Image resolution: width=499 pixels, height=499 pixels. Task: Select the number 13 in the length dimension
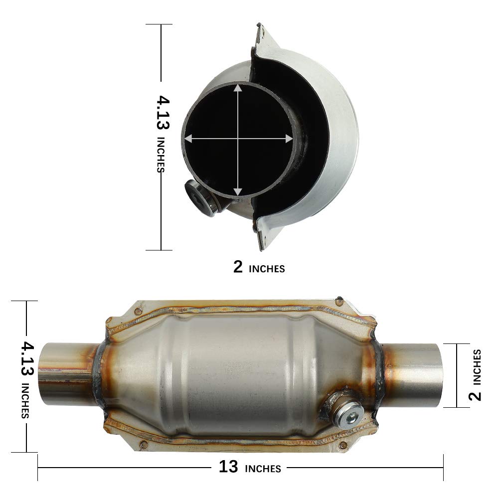click(228, 468)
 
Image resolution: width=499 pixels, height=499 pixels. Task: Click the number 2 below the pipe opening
click(238, 268)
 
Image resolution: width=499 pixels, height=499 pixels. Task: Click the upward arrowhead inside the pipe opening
click(238, 88)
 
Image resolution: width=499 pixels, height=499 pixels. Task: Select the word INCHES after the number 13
click(262, 469)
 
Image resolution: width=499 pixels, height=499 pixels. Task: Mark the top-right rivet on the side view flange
click(340, 301)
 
